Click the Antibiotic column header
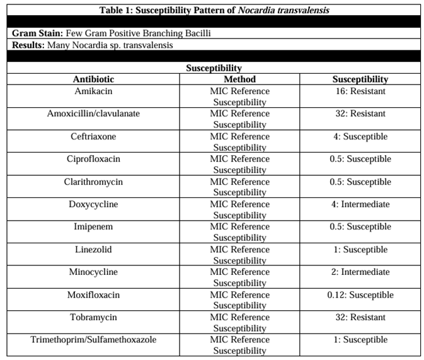coord(93,79)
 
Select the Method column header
coord(239,79)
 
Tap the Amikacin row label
coord(93,91)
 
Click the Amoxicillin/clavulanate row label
coord(93,113)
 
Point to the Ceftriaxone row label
coord(93,136)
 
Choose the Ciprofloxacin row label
coord(93,159)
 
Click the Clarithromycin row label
coord(93,182)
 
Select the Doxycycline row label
coord(93,204)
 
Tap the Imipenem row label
coord(93,226)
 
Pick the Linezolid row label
coord(93,249)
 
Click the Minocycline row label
coord(93,272)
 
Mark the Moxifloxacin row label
coord(93,294)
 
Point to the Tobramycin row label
coord(93,317)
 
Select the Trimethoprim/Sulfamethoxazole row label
coord(93,340)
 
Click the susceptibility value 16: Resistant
coord(360,91)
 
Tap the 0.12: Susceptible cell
coord(360,294)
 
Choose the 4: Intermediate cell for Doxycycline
coord(360,204)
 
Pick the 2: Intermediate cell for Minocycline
coord(360,272)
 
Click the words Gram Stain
coord(34,32)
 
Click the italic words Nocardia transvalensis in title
coord(284,9)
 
